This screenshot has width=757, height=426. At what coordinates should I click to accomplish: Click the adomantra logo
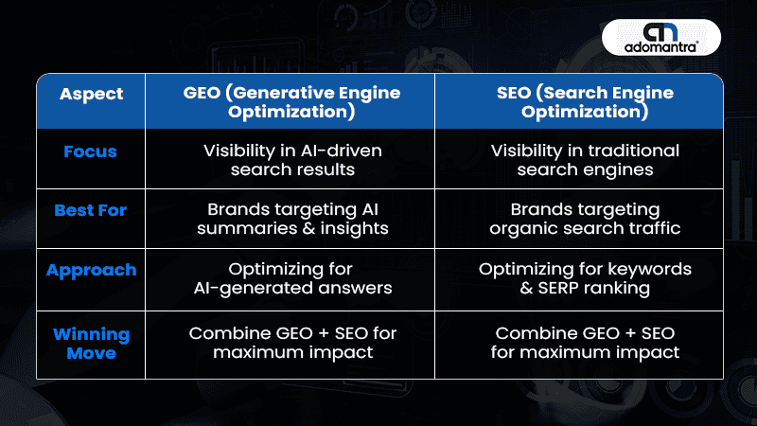(x=660, y=37)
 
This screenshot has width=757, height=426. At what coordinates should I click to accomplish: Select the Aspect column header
(x=91, y=94)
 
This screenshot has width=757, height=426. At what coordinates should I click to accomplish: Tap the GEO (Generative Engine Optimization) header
(x=291, y=102)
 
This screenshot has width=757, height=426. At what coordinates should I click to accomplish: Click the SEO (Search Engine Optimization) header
(x=585, y=102)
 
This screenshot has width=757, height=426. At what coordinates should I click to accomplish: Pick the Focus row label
(x=90, y=151)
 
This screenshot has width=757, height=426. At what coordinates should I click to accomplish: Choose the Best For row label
(x=90, y=210)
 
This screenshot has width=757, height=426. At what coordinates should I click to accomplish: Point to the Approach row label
(x=91, y=271)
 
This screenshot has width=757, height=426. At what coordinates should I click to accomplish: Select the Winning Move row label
(x=91, y=344)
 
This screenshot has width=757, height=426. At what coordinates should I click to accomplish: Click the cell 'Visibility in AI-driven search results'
(x=292, y=160)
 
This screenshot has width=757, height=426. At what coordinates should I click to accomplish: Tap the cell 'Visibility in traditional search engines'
(x=585, y=160)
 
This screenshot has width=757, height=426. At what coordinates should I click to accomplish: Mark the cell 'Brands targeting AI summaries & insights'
(x=292, y=219)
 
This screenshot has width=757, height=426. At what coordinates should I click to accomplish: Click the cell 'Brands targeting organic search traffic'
(x=585, y=219)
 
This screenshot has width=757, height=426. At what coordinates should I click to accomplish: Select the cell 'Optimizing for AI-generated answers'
(x=292, y=278)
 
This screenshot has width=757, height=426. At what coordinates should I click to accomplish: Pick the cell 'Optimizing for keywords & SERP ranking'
(x=585, y=278)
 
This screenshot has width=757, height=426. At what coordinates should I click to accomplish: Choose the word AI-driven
(x=341, y=151)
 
